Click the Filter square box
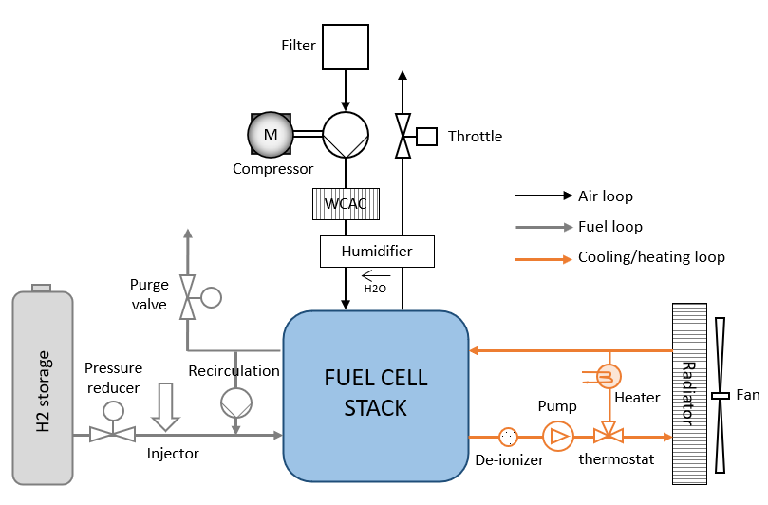tap(346, 45)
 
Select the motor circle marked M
tap(271, 135)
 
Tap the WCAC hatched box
tap(346, 203)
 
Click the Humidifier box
tap(377, 252)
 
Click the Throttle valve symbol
tap(403, 136)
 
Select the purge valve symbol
tap(188, 296)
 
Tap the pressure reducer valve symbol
tap(113, 435)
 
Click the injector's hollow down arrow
tap(165, 402)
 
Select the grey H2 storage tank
tap(43, 390)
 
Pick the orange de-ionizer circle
tap(509, 438)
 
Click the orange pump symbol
tap(557, 437)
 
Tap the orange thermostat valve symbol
tap(608, 437)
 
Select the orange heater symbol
tap(608, 377)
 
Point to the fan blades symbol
tap(721, 395)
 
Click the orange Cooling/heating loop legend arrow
tap(542, 257)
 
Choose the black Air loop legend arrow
tap(542, 196)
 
